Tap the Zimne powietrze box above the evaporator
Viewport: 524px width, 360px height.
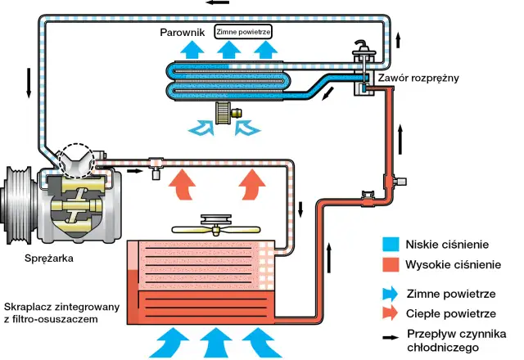pos(243,32)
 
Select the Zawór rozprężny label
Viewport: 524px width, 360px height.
pos(418,79)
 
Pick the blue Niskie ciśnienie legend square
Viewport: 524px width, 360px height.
pos(391,245)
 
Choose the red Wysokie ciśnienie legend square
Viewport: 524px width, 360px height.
pos(391,265)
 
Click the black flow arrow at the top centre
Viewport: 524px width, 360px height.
pos(219,3)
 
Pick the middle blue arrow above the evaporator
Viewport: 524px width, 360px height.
pos(223,50)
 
